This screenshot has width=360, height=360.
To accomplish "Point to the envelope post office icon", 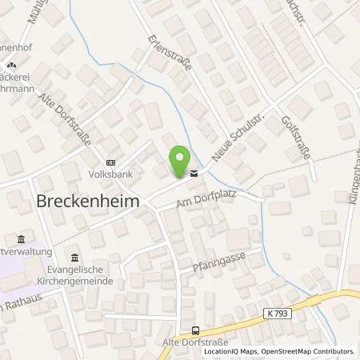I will click(x=193, y=171).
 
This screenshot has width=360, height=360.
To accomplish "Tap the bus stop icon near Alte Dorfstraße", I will click(x=194, y=331).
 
